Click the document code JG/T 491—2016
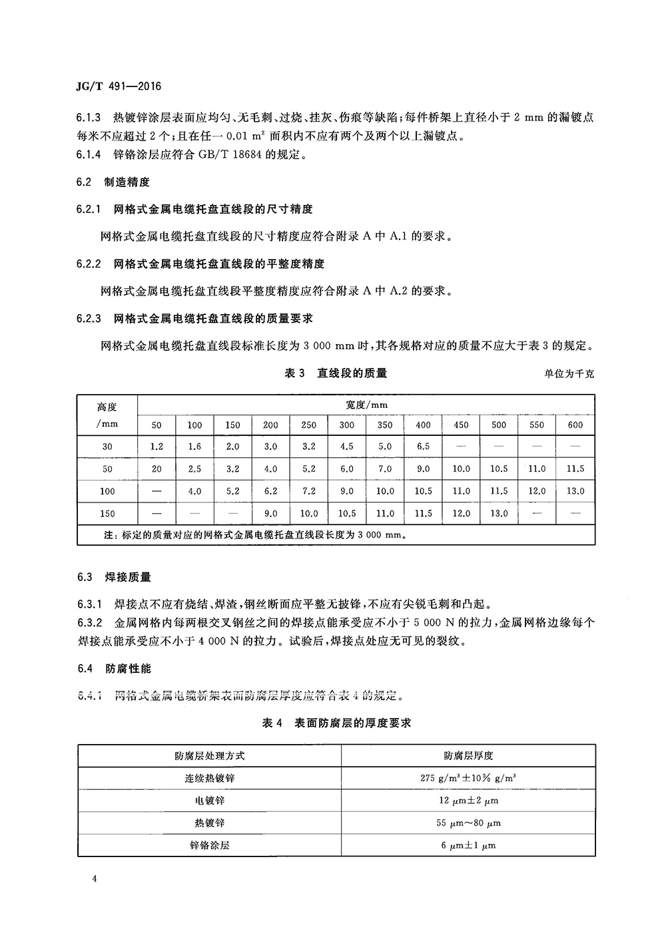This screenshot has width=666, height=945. [x=119, y=87]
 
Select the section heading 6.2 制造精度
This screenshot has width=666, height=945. [x=113, y=182]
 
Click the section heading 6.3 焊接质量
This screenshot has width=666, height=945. [x=113, y=576]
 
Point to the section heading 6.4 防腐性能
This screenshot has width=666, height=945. [x=113, y=668]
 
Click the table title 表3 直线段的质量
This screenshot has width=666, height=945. [x=336, y=373]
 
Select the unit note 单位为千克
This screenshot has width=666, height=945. [x=569, y=374]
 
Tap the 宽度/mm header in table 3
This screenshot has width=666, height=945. [x=366, y=405]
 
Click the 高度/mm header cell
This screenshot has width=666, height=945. [x=107, y=415]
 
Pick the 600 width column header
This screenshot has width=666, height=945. [x=575, y=425]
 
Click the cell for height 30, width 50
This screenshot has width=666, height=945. [x=157, y=447]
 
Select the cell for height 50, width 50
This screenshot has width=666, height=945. [x=157, y=469]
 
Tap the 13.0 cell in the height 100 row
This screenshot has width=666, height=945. [x=575, y=491]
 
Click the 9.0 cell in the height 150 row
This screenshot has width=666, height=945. [x=270, y=514]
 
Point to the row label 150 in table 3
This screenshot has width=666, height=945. [x=107, y=514]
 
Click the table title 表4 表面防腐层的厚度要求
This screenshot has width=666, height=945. [x=336, y=723]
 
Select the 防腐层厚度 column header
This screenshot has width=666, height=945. [x=468, y=755]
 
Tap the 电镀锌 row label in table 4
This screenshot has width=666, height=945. [x=209, y=801]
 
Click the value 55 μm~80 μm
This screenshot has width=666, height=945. [x=468, y=823]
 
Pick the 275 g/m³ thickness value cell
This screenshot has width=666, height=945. [x=468, y=778]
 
